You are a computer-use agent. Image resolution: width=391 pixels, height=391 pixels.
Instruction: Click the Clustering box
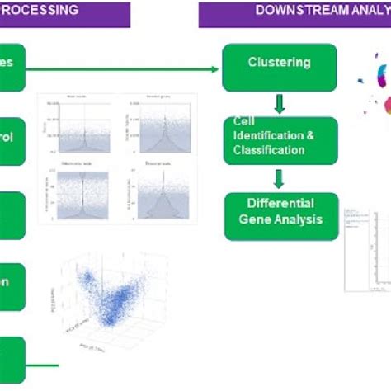(x=279, y=66)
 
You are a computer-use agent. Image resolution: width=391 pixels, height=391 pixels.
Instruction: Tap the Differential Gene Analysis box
(x=280, y=214)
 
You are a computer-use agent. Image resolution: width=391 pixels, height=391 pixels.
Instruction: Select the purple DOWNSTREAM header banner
(x=294, y=12)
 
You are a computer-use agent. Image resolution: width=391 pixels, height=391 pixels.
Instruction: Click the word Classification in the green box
(x=268, y=150)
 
